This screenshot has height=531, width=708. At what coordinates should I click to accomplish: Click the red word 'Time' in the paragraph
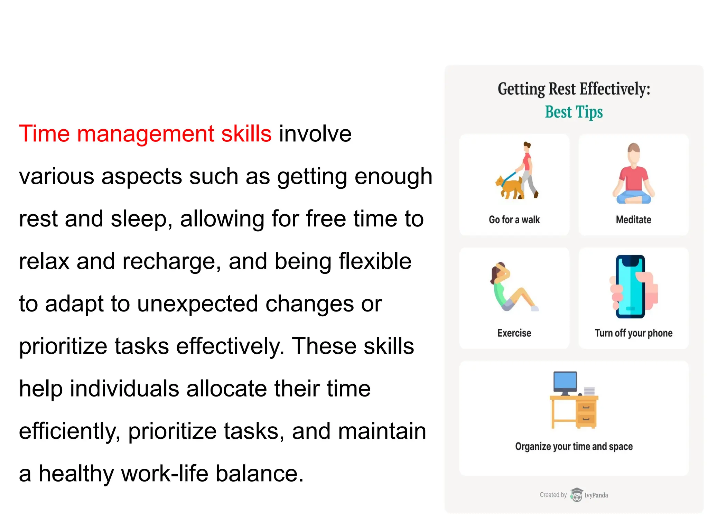pyautogui.click(x=44, y=133)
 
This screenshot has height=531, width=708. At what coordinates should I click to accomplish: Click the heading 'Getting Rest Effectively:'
pyautogui.click(x=574, y=89)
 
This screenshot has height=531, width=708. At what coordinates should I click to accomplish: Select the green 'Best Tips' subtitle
pyautogui.click(x=574, y=112)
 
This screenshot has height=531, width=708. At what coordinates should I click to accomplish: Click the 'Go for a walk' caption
pyautogui.click(x=514, y=220)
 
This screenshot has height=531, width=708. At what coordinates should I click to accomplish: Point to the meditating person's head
pyautogui.click(x=634, y=152)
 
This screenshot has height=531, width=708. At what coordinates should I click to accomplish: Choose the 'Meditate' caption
pyautogui.click(x=633, y=220)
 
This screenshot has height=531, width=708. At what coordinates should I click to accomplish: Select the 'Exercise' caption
pyautogui.click(x=514, y=333)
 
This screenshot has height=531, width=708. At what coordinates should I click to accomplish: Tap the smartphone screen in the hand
pyautogui.click(x=630, y=287)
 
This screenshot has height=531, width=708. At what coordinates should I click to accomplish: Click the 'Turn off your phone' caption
pyautogui.click(x=633, y=333)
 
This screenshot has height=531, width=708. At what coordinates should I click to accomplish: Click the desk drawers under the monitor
pyautogui.click(x=586, y=413)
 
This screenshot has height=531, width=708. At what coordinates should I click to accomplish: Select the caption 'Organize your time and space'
pyautogui.click(x=574, y=447)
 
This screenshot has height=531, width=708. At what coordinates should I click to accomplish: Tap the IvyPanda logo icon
pyautogui.click(x=576, y=495)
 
